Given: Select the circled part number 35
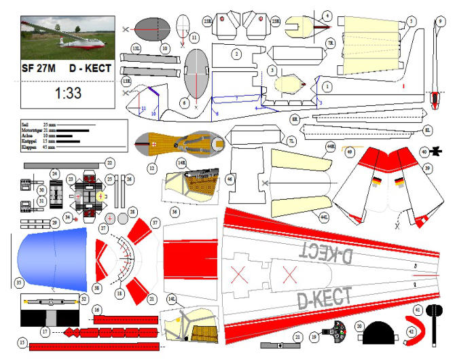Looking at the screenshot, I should click(x=18, y=280).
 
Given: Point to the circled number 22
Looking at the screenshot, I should click(x=109, y=162).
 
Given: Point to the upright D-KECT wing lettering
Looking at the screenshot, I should click(x=324, y=296).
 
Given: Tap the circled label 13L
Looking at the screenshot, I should click(x=135, y=49).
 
